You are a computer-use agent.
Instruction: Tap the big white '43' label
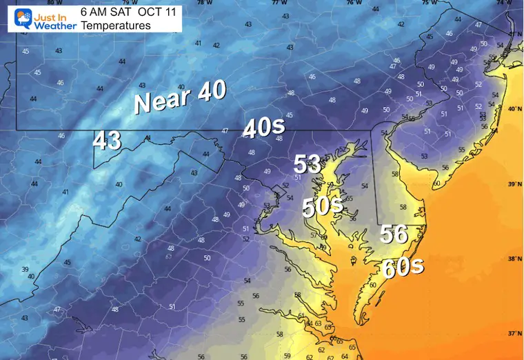point(107,141)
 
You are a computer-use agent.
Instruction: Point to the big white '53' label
point(308,164)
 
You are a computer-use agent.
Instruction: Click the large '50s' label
point(323,206)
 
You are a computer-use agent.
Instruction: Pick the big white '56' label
point(394,234)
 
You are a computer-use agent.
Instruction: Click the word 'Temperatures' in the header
point(115,26)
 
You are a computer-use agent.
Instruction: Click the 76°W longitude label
point(354,3)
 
